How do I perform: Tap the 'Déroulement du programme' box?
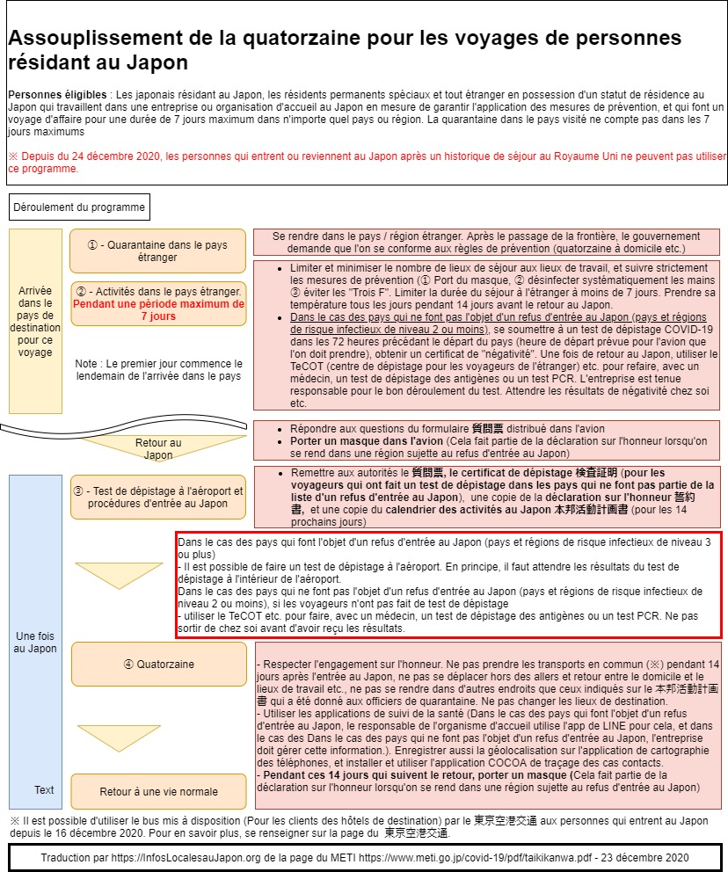(79, 207)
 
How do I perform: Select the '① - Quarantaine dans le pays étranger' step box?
(158, 251)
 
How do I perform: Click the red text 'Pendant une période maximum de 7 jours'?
(158, 309)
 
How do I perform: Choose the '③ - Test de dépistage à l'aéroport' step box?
(158, 498)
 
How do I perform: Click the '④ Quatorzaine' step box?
(158, 664)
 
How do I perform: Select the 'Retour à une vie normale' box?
(158, 790)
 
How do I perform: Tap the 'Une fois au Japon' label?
(35, 642)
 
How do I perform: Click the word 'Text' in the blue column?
(44, 789)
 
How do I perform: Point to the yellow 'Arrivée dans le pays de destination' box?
(35, 320)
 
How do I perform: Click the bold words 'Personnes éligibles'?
(57, 94)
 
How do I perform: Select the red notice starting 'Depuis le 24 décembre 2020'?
(352, 162)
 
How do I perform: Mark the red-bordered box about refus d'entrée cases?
(448, 584)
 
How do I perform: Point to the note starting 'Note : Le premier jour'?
(158, 369)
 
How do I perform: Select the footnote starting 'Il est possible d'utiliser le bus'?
(360, 826)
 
